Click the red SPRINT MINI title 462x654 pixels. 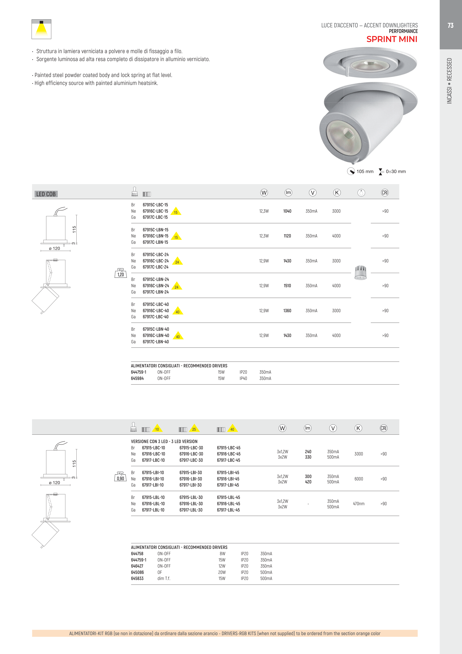[x=392, y=39]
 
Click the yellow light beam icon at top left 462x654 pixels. [x=41, y=29]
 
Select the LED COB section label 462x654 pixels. [x=46, y=194]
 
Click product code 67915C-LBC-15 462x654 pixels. [x=155, y=205]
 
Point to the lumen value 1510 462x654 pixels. [x=287, y=286]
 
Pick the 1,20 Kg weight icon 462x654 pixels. [x=120, y=273]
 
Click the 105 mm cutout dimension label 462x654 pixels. [x=365, y=172]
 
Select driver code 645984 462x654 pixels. [x=137, y=378]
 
